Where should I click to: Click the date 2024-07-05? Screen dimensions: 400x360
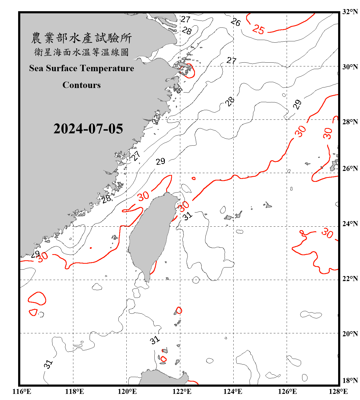88,129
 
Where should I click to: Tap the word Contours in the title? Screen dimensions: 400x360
82,85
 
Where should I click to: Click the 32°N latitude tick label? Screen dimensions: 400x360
350,12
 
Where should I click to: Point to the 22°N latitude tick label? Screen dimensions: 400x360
350,279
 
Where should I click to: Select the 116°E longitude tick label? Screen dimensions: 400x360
22,391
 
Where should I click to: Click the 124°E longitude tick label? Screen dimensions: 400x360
233,391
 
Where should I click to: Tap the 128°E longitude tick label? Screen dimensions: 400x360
338,391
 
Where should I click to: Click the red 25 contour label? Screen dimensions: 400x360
258,29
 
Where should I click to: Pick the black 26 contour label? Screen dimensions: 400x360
235,22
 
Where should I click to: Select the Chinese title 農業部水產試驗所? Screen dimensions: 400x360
81,38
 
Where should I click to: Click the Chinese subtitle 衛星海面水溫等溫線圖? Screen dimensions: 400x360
81,52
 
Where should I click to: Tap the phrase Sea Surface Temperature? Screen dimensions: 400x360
82,68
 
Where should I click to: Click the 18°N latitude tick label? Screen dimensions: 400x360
350,381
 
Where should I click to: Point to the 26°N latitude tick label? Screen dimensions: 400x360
350,169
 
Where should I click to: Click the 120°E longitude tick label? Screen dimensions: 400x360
127,391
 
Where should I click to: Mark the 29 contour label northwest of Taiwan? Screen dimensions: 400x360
161,161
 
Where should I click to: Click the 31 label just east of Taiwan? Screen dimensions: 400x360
187,216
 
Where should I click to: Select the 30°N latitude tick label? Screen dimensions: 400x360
350,67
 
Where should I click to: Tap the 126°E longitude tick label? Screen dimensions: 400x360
287,391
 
